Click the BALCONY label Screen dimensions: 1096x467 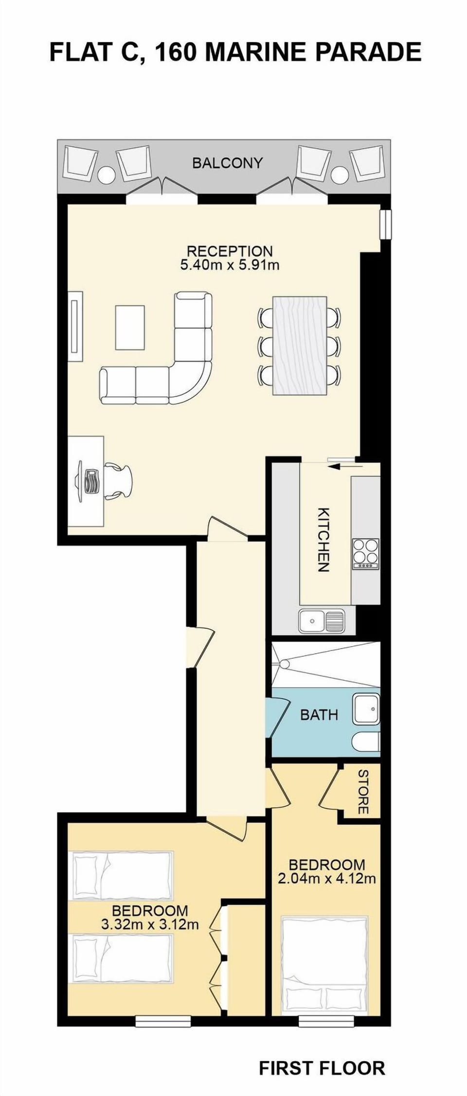(x=227, y=162)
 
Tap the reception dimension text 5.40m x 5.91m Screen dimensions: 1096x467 (x=230, y=265)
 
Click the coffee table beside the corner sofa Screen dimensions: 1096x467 (x=130, y=327)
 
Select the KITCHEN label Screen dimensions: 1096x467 (x=323, y=539)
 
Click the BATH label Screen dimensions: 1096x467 (x=319, y=714)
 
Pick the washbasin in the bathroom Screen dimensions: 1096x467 (x=365, y=709)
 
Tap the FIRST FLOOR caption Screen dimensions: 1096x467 (x=322, y=1068)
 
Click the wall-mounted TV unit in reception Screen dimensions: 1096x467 (x=75, y=326)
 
